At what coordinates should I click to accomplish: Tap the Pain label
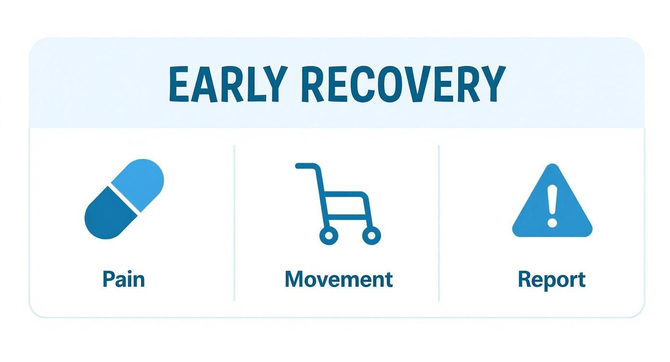click(124, 279)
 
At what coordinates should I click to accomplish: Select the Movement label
click(338, 279)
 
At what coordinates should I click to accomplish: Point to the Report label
click(552, 279)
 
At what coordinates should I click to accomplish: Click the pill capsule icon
click(124, 199)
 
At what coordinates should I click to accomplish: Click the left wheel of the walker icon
click(329, 235)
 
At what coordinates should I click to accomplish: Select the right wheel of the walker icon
click(371, 235)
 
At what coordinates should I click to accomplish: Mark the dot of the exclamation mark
click(552, 223)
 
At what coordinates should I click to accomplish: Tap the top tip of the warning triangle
click(552, 168)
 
